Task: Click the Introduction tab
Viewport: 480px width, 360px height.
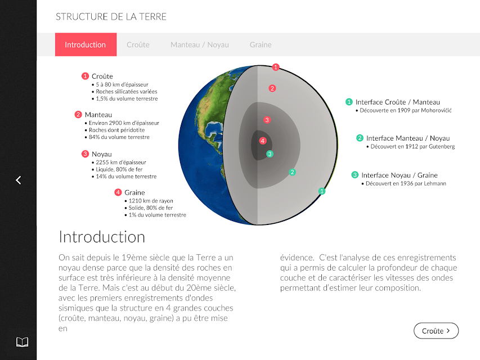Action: point(86,44)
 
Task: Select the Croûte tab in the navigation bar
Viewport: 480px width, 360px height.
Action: point(138,44)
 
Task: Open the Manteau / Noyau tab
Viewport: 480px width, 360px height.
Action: point(200,44)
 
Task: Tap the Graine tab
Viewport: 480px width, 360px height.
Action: point(261,44)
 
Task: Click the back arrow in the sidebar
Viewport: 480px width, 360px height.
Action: point(19,180)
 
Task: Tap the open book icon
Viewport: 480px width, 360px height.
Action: point(22,342)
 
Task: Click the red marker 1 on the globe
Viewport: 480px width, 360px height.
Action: point(276,67)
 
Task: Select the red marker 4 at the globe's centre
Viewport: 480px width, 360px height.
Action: point(263,141)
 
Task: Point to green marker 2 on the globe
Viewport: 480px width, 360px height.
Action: point(293,172)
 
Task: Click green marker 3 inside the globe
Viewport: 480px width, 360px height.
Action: point(270,154)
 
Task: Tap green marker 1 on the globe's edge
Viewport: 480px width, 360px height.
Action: point(322,191)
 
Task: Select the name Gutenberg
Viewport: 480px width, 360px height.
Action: point(442,146)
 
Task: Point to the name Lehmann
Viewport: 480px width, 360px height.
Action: point(435,183)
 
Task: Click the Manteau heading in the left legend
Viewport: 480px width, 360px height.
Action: point(98,115)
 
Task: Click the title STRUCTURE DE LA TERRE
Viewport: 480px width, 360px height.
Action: point(111,16)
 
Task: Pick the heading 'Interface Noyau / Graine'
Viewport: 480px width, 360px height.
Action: point(400,175)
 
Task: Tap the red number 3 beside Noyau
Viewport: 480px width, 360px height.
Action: point(85,154)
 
